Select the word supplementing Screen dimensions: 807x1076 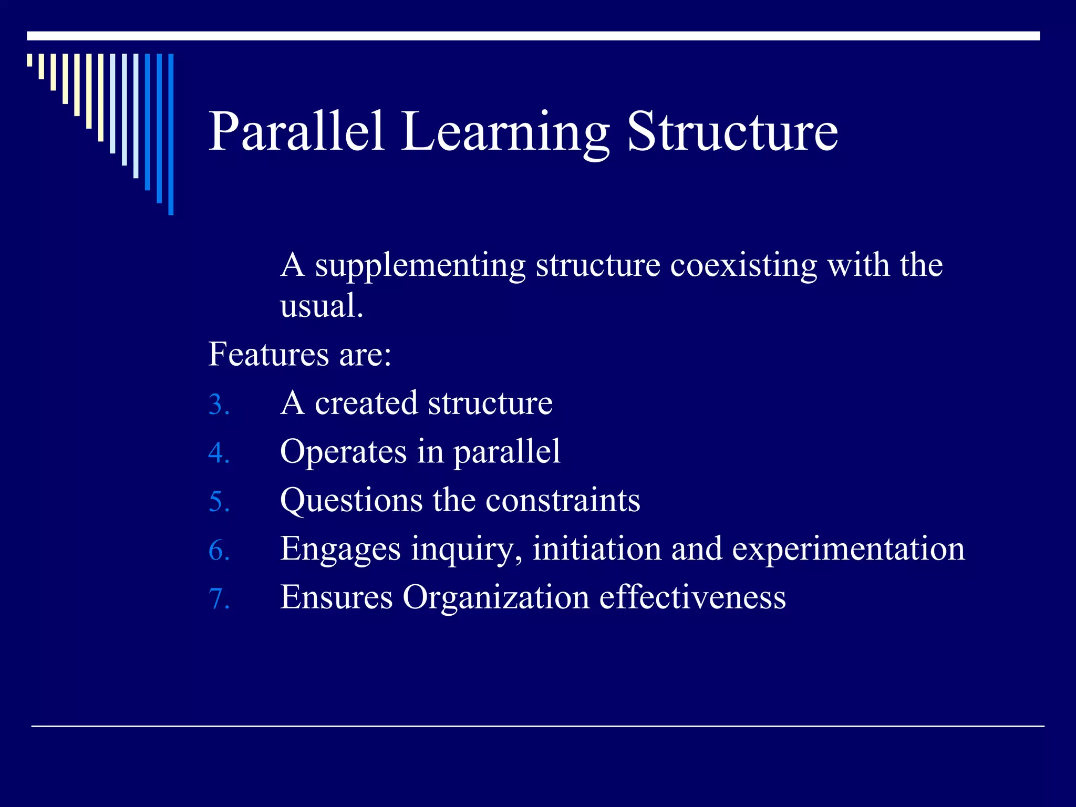pyautogui.click(x=420, y=266)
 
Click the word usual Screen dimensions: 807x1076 pyautogui.click(x=321, y=306)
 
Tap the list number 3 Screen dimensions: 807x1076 pyautogui.click(x=219, y=405)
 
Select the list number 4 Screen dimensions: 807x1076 pyautogui.click(x=219, y=453)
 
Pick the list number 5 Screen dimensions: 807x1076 pyautogui.click(x=219, y=502)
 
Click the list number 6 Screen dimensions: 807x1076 pyautogui.click(x=219, y=551)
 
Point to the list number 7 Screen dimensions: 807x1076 pyautogui.click(x=219, y=599)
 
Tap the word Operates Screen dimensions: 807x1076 pyautogui.click(x=343, y=452)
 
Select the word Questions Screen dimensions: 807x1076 pyautogui.click(x=351, y=501)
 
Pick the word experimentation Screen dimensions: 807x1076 pyautogui.click(x=849, y=549)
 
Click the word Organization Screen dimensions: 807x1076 pyautogui.click(x=496, y=598)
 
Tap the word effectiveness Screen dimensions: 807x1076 pyautogui.click(x=692, y=598)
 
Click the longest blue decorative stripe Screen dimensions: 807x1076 pyautogui.click(x=171, y=134)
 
